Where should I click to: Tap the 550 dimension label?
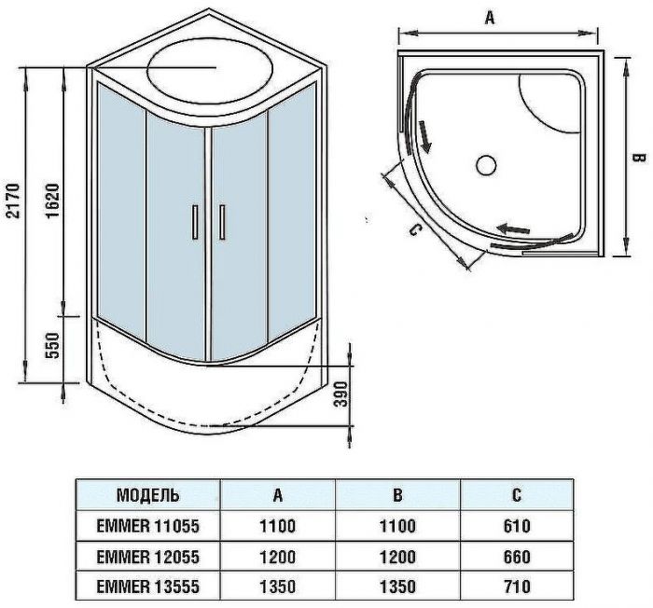pos(52,347)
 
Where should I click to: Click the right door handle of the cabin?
pos(222,222)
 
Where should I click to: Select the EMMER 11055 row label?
pos(148,526)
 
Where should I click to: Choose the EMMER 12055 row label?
pos(148,557)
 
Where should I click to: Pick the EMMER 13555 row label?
pos(148,587)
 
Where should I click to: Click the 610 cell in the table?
pos(515,526)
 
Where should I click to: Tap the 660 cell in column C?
pos(515,557)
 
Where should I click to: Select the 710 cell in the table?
pos(515,587)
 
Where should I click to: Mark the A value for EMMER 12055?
pos(277,557)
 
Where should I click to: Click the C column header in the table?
pos(515,495)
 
